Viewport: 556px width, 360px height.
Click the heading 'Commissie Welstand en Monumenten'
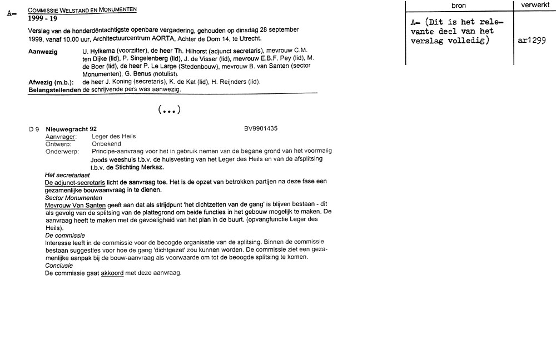82,10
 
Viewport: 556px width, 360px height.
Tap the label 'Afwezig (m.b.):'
51,82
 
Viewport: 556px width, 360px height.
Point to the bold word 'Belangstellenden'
54,89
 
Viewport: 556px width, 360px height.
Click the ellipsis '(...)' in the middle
169,111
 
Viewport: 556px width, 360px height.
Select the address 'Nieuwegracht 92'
71,129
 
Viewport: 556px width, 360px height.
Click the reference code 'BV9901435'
261,128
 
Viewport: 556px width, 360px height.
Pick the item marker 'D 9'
34,129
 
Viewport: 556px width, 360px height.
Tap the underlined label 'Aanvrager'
61,136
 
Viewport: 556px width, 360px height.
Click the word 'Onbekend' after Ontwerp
106,143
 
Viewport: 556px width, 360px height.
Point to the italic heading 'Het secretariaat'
67,174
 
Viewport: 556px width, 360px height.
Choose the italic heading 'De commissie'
65,235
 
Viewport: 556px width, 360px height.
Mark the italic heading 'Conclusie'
58,266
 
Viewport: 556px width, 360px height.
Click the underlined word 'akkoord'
112,273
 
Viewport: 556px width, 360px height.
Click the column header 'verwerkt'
535,5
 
